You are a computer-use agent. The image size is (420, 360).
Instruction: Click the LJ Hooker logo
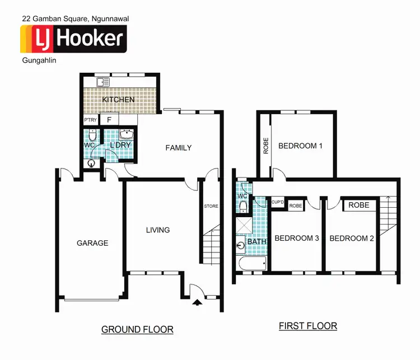click(x=73, y=39)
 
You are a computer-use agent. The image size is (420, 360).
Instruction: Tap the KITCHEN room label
click(x=118, y=100)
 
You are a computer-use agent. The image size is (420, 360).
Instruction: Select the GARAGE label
click(x=92, y=243)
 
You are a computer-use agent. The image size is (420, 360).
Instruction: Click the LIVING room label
click(x=157, y=230)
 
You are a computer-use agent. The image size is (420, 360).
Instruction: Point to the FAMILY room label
click(x=178, y=148)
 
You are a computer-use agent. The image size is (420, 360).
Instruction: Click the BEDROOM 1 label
click(x=301, y=146)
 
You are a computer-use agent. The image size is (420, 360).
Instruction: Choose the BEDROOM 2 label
click(x=352, y=239)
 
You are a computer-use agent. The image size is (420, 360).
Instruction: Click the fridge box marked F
click(x=110, y=120)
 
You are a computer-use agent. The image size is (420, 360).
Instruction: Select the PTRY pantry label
click(x=90, y=120)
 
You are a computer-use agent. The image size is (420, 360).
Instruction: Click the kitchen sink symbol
click(x=102, y=82)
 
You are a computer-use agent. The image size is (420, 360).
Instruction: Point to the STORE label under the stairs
click(x=211, y=206)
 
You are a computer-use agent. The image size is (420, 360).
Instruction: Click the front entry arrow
click(x=197, y=303)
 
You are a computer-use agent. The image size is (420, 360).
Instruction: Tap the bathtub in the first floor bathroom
click(x=252, y=264)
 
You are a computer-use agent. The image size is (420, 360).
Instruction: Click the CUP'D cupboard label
click(x=278, y=202)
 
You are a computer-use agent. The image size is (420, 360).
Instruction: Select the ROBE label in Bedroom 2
click(x=358, y=205)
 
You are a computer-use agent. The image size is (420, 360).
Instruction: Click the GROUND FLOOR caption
click(x=137, y=329)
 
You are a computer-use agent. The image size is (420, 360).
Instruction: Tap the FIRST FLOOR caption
click(x=308, y=326)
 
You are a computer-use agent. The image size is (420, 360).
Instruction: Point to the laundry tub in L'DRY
click(x=126, y=135)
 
